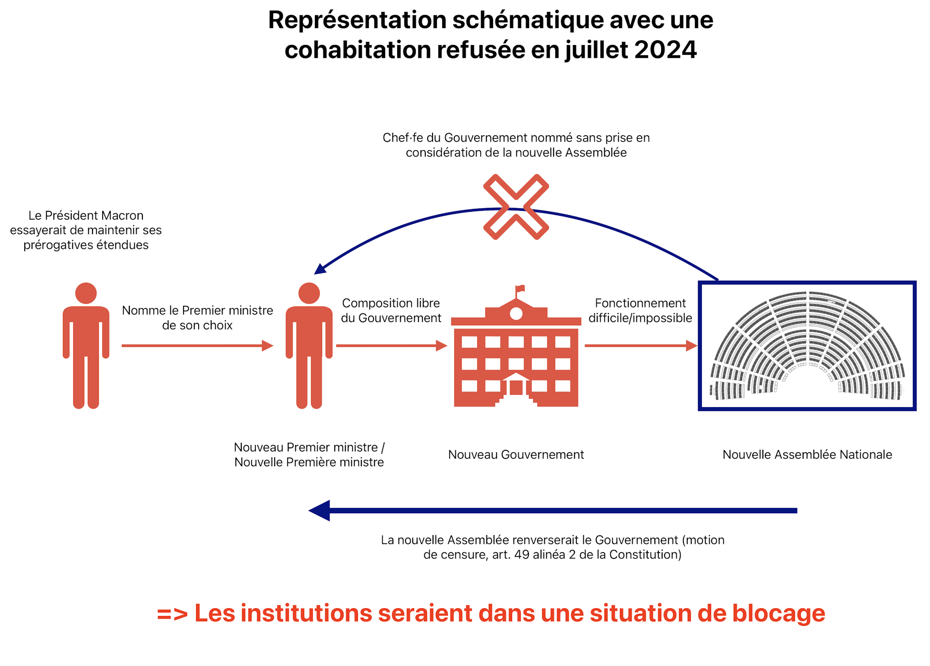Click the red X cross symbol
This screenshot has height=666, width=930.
click(516, 207)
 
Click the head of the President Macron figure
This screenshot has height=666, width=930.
click(86, 293)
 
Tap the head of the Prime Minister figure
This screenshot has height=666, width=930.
click(309, 293)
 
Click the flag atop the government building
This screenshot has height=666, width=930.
click(520, 289)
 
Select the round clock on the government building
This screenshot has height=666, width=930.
click(516, 314)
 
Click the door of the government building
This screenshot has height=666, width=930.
click(516, 388)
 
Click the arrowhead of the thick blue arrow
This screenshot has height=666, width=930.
click(320, 510)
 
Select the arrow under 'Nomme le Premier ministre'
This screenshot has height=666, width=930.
click(197, 346)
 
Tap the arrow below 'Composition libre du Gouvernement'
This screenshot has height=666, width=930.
click(391, 346)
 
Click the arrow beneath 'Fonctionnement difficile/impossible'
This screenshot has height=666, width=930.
click(640, 346)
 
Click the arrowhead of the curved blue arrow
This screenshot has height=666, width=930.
click(320, 268)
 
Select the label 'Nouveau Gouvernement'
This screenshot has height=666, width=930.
click(516, 455)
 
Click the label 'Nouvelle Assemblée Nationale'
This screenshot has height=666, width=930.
click(807, 455)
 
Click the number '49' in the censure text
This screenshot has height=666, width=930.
click(522, 555)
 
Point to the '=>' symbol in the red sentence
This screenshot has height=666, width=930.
click(172, 614)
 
